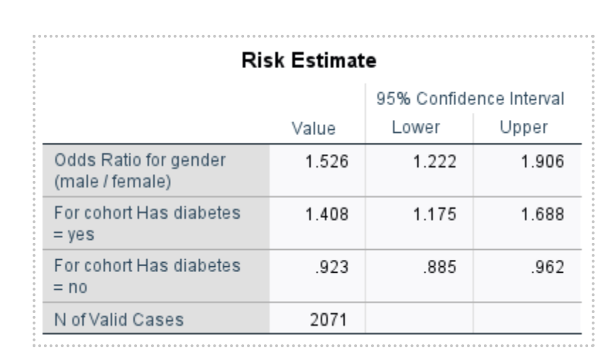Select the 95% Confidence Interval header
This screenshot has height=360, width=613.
point(470,98)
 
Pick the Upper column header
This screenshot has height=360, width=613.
point(529,128)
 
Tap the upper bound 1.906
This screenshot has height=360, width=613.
point(546,162)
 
